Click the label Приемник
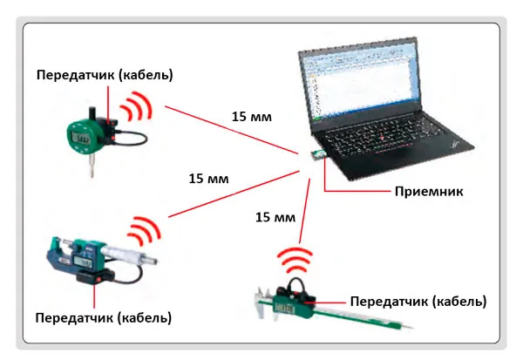(429, 192)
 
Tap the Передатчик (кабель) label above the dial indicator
(105, 75)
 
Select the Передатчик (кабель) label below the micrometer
(104, 317)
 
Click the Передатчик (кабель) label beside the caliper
(418, 302)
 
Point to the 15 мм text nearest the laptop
(252, 117)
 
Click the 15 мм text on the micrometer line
(209, 179)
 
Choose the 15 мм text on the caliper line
(275, 218)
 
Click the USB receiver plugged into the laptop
(317, 155)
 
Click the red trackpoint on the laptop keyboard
(384, 137)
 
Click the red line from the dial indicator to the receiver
(232, 130)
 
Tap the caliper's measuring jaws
(263, 303)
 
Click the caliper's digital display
(284, 309)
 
